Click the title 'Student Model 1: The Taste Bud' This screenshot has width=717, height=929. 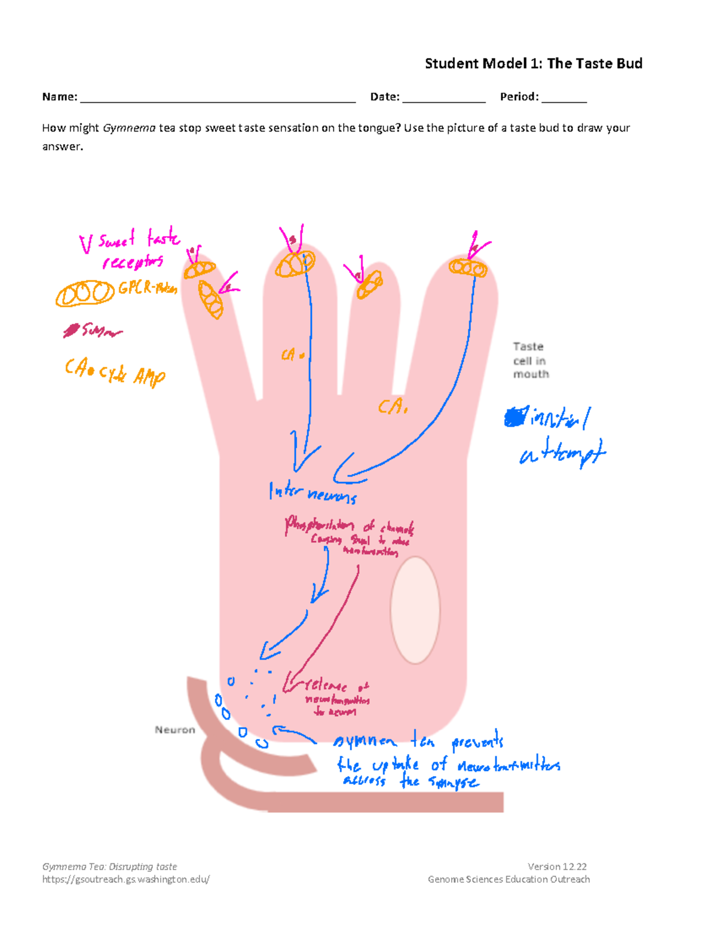point(533,64)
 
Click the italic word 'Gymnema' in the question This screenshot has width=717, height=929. point(129,128)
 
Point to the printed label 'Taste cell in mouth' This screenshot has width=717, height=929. point(530,360)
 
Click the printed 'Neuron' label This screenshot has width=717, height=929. point(174,730)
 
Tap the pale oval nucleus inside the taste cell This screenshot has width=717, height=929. point(415,610)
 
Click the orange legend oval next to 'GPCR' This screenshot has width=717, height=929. point(85,294)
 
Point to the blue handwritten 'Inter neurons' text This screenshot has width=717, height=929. point(312,493)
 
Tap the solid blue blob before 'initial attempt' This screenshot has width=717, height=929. point(515,417)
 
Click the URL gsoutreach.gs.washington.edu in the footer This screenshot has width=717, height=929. point(125,879)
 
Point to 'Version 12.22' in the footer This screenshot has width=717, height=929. point(557,866)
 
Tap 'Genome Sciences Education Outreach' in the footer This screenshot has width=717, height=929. point(508,879)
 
